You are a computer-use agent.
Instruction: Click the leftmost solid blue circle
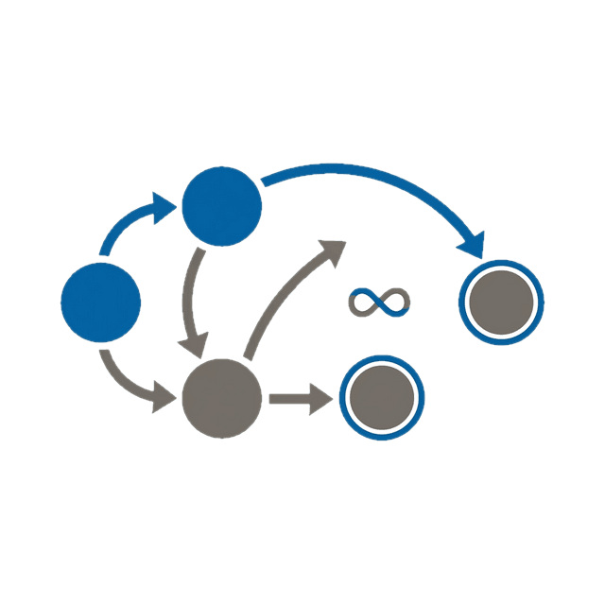click(100, 303)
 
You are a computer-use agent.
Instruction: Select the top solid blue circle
click(221, 205)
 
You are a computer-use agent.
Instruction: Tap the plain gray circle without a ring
click(221, 398)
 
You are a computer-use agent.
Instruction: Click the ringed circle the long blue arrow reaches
click(501, 303)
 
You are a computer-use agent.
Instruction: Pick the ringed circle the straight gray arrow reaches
click(382, 398)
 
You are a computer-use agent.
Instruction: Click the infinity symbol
click(379, 303)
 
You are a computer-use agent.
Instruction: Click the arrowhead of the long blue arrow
click(473, 245)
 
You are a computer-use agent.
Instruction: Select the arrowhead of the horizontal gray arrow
click(322, 398)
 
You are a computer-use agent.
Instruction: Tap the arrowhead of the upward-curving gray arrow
click(332, 250)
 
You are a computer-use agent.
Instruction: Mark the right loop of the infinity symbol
click(394, 303)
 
